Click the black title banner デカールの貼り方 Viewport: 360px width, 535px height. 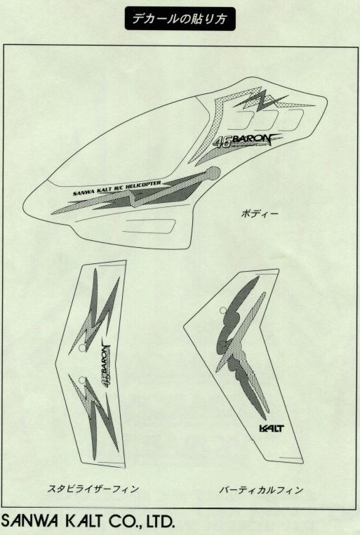tap(180, 18)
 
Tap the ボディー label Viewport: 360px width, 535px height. tap(259, 214)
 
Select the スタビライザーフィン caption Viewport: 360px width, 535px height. tap(93, 489)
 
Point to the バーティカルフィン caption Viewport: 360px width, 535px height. tap(261, 490)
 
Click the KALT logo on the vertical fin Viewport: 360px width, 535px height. tap(272, 428)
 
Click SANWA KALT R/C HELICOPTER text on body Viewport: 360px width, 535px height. tap(117, 189)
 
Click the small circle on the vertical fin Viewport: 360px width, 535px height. tap(223, 310)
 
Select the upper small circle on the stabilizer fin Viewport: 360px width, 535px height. tap(82, 348)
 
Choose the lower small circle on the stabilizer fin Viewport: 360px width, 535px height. tap(81, 380)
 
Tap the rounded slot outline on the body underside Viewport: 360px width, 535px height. tap(149, 226)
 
